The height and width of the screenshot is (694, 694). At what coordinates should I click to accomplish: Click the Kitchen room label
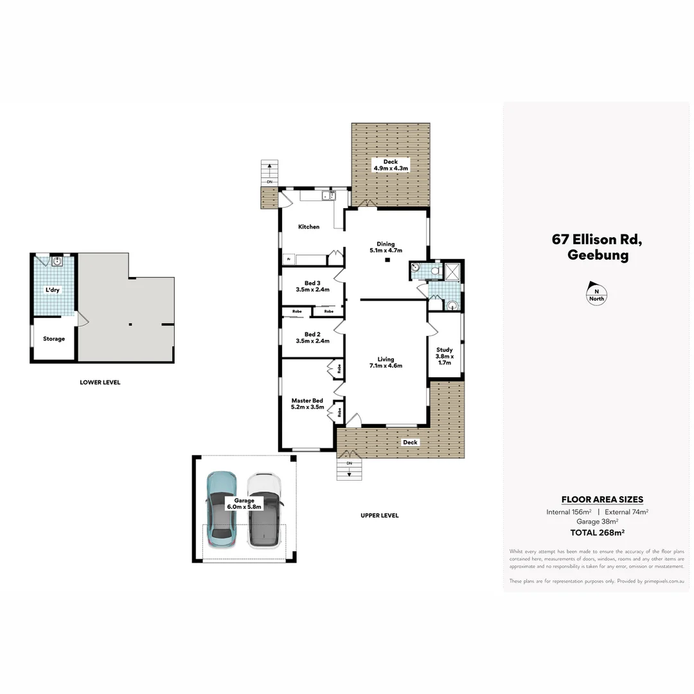[x=308, y=227]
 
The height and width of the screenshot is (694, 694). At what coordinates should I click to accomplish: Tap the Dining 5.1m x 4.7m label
[x=386, y=247]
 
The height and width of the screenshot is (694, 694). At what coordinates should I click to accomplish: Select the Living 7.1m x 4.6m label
[x=386, y=362]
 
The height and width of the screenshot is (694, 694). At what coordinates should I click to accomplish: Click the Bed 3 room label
[x=312, y=286]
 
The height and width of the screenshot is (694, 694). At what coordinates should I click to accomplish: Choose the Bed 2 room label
[x=312, y=337]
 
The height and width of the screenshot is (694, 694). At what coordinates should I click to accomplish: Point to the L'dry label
[x=52, y=290]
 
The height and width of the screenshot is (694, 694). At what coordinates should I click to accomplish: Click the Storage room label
[x=54, y=339]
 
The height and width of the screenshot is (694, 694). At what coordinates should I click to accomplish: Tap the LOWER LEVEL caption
[x=100, y=382]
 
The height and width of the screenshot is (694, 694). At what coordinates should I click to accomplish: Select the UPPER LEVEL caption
[x=380, y=515]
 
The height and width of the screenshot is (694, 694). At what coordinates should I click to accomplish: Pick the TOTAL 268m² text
[x=597, y=532]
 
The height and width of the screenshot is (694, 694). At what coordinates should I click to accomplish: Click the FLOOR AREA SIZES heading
[x=602, y=499]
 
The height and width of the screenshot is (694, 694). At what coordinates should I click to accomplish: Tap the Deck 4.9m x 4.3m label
[x=391, y=165]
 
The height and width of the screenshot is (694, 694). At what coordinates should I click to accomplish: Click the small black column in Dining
[x=387, y=260]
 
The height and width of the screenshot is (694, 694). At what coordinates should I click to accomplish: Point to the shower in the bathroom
[x=452, y=272]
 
